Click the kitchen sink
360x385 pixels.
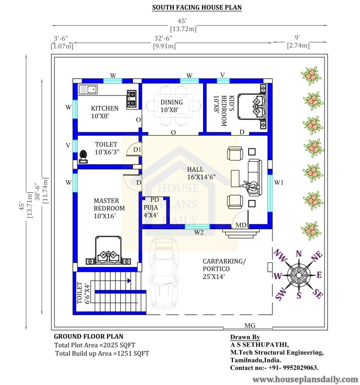(x=88, y=89)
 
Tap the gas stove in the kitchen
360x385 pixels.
(x=132, y=99)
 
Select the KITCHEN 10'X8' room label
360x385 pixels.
(x=105, y=112)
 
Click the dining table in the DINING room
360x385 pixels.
(x=172, y=106)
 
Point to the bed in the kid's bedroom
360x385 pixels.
(x=252, y=106)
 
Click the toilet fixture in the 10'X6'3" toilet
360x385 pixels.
(x=84, y=156)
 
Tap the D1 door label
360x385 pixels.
(x=137, y=149)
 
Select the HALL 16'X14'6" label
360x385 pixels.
(x=201, y=173)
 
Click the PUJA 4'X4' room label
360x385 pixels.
(x=151, y=211)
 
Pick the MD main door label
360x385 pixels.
(x=241, y=225)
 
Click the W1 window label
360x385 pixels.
(x=279, y=183)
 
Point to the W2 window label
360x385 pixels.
(x=199, y=232)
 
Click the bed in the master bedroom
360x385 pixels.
(x=108, y=250)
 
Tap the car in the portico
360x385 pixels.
(x=164, y=272)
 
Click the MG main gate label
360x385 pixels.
(x=250, y=326)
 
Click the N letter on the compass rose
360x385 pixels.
(x=299, y=254)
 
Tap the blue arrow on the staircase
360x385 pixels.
(x=129, y=280)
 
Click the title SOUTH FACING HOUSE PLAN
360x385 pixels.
(x=197, y=7)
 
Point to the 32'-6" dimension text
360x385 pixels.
(x=163, y=38)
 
